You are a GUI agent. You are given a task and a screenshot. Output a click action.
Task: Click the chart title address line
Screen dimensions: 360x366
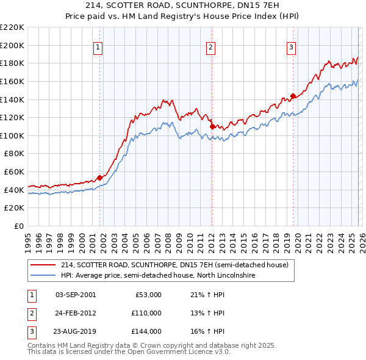[182, 5]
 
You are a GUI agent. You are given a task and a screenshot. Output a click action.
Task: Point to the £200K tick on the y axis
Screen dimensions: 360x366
[12, 45]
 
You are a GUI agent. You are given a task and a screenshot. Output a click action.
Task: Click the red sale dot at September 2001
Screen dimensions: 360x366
[100, 178]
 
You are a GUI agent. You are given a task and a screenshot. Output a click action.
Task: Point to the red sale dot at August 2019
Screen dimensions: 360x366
[293, 95]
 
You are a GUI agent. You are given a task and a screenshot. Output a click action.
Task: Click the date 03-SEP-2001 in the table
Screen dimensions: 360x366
[75, 295]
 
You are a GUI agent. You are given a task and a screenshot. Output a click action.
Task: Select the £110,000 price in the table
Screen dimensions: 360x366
[146, 312]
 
